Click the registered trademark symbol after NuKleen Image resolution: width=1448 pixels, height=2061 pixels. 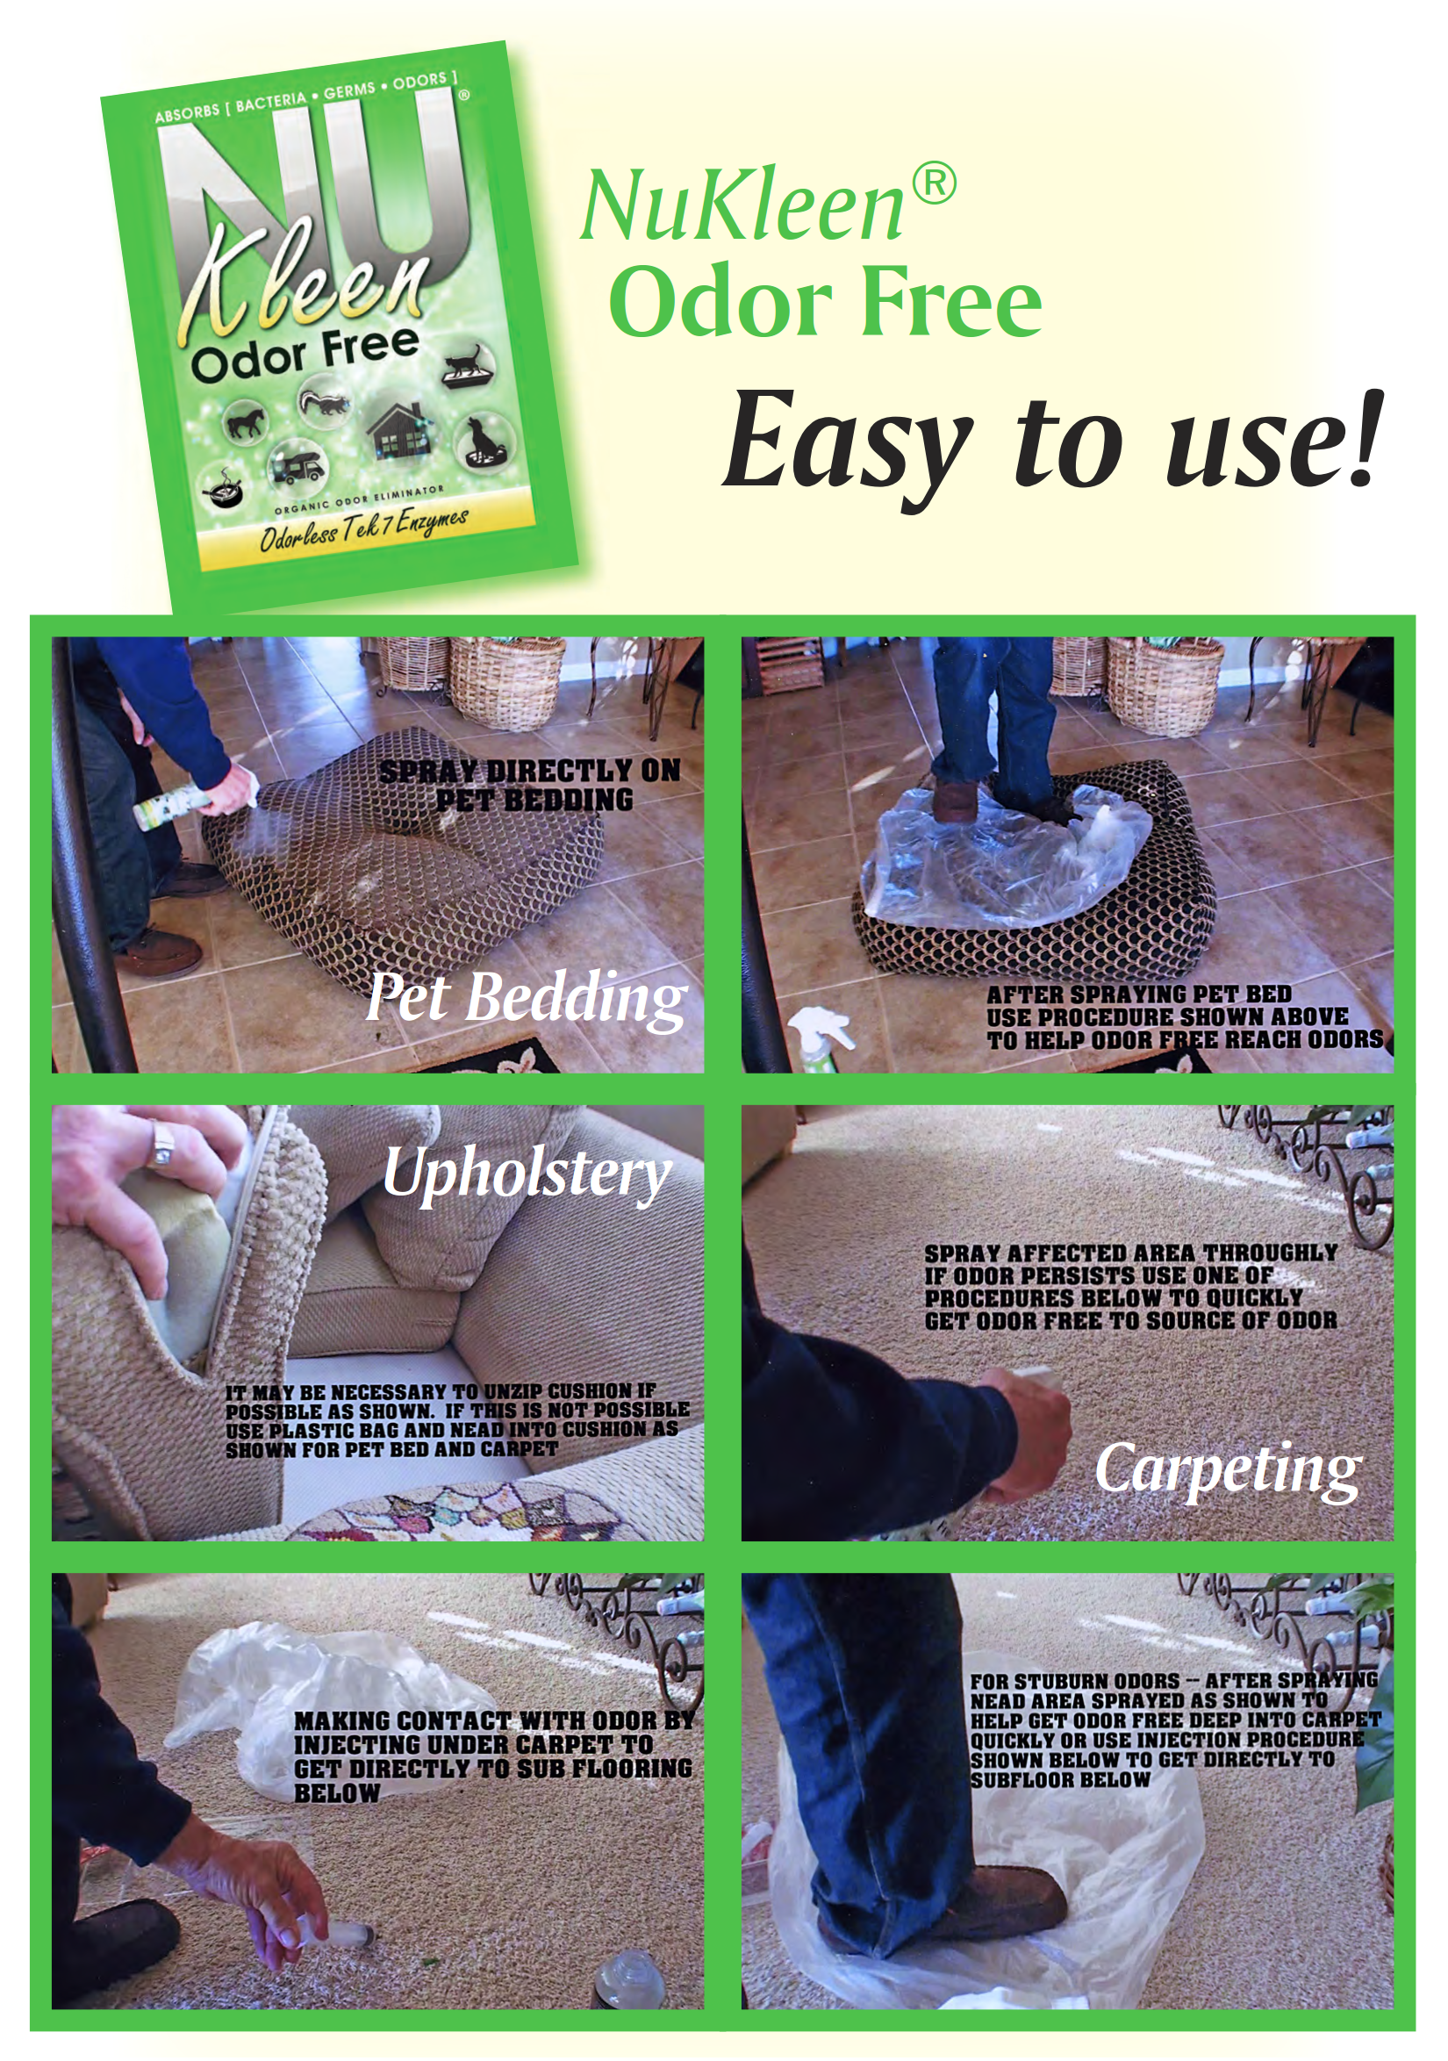[933, 184]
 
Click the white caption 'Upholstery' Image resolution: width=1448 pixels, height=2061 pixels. [527, 1174]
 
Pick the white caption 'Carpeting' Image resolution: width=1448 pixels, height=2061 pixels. [1228, 1469]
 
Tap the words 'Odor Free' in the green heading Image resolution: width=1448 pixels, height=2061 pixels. [826, 302]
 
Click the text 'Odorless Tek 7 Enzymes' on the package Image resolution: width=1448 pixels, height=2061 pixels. [363, 529]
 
